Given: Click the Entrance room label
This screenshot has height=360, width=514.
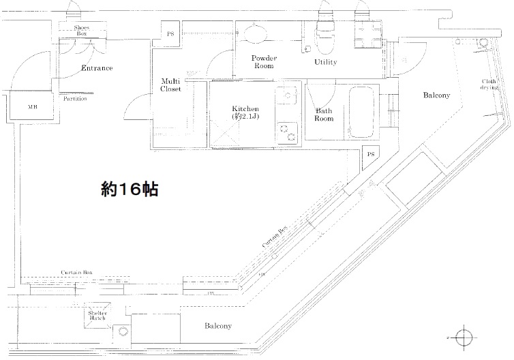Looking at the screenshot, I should (x=97, y=68).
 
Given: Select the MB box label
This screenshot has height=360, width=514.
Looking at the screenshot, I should (x=32, y=107).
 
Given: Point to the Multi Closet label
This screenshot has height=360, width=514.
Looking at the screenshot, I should (x=170, y=85).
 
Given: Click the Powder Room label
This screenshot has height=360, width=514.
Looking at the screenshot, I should (x=262, y=62).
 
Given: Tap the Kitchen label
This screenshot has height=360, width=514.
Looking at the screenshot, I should (x=245, y=112).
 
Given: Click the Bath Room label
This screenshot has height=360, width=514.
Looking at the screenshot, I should (x=324, y=115).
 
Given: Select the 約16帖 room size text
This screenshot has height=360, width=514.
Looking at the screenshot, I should (x=129, y=189).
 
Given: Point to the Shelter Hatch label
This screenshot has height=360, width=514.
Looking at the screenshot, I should (x=95, y=316).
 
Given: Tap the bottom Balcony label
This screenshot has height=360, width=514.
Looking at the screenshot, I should (x=218, y=326).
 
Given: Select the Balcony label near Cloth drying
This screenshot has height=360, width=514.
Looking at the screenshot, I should (x=436, y=95).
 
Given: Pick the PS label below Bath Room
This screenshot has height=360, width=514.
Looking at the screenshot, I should (x=370, y=155).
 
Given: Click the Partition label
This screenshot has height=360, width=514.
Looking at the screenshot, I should (x=75, y=99).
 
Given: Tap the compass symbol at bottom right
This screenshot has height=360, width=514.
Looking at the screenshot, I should (x=465, y=337).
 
